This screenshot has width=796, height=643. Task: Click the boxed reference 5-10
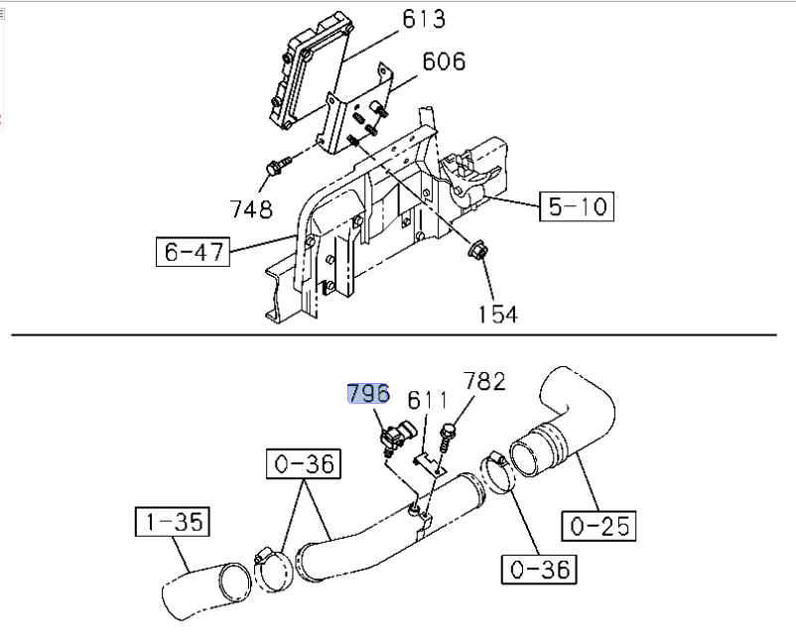pyautogui.click(x=577, y=206)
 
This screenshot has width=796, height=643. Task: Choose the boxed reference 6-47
pyautogui.click(x=193, y=253)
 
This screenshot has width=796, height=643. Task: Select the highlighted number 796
pyautogui.click(x=368, y=393)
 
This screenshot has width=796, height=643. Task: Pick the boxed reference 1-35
pyautogui.click(x=171, y=522)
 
